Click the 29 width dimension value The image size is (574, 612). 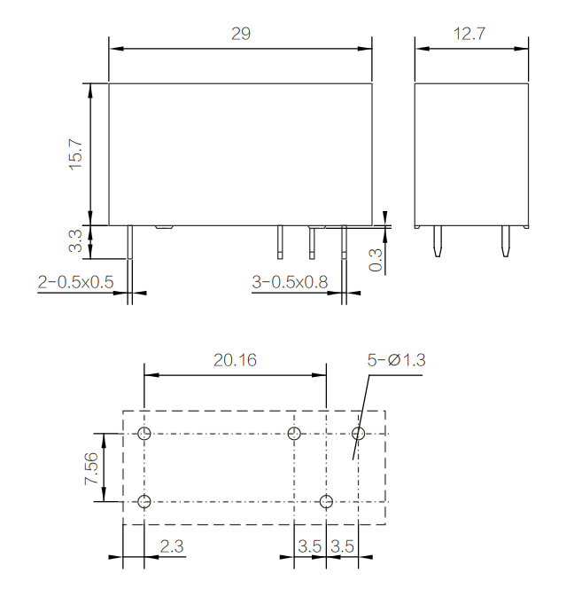tap(241, 34)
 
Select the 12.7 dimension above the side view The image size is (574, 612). tap(469, 34)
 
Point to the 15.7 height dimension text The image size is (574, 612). tap(76, 153)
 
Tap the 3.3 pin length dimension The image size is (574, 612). tap(75, 241)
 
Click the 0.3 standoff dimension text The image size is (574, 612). tap(376, 260)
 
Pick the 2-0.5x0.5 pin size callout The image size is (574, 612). tap(75, 282)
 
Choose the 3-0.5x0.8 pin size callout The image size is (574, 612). tap(290, 282)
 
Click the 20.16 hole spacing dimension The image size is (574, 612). tap(235, 360)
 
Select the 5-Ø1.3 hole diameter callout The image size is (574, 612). tap(396, 360)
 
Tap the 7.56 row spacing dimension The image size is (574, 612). tap(91, 468)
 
